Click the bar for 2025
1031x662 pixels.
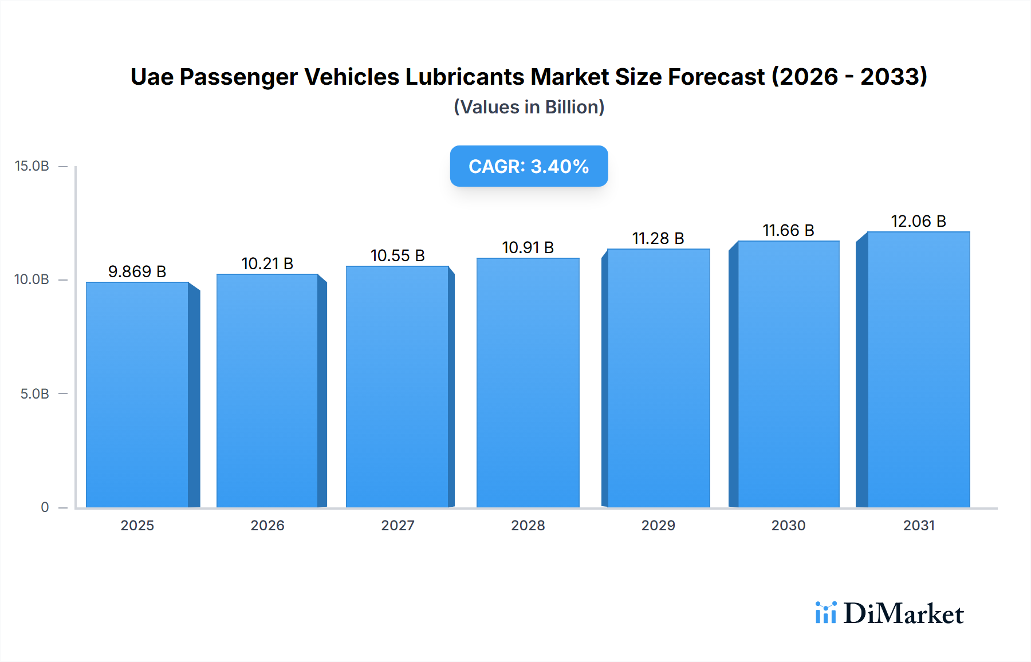tap(137, 395)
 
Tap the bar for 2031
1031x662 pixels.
tap(918, 369)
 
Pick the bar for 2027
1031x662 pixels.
tap(398, 387)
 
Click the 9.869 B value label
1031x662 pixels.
tap(137, 271)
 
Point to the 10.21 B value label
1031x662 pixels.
tap(267, 263)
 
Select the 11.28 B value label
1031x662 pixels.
tap(658, 238)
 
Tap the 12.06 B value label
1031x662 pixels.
tap(918, 221)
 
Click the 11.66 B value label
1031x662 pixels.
tap(788, 230)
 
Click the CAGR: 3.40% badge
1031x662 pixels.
tap(529, 166)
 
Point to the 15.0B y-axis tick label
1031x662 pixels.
tap(32, 166)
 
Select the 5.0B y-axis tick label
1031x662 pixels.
tap(34, 394)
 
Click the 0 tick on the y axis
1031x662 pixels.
tap(45, 507)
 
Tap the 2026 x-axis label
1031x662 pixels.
tap(267, 525)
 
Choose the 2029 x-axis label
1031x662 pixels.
tap(658, 525)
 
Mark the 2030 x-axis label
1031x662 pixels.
tap(788, 525)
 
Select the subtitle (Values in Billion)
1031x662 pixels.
tap(529, 107)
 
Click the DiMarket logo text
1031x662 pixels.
tap(903, 613)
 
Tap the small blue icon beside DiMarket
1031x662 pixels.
tap(825, 613)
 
